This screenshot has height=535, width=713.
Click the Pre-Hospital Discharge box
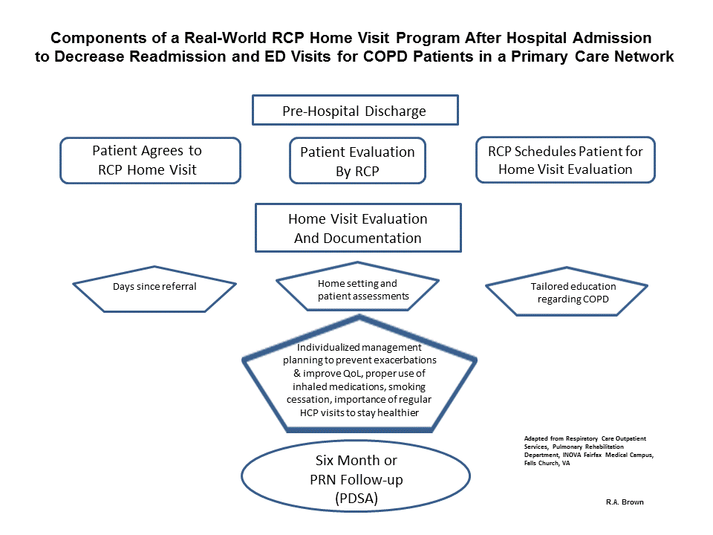click(x=354, y=111)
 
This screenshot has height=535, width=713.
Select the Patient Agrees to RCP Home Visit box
click(x=150, y=160)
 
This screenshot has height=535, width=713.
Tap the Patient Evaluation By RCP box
click(x=357, y=160)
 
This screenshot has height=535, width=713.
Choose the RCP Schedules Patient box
click(x=565, y=160)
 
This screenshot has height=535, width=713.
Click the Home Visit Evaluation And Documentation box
click(x=357, y=228)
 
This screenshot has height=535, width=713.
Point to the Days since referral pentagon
click(x=154, y=287)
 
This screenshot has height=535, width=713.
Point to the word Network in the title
click(x=647, y=57)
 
